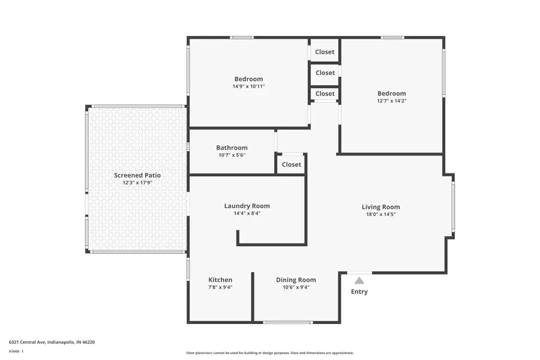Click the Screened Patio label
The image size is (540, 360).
coord(137,175)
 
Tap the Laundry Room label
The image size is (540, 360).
coord(247,206)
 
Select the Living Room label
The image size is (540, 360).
coord(380,207)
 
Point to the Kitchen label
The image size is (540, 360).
coord(220,280)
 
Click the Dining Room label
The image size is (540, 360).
coord(296,280)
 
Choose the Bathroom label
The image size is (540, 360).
coord(232,148)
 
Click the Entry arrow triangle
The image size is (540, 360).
coord(359,280)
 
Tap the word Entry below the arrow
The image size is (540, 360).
coord(359,292)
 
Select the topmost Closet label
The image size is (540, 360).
coord(325,52)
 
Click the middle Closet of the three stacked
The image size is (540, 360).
coord(325,73)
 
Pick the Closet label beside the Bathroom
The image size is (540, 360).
coord(291,164)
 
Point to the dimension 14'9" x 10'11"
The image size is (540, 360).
coord(248,86)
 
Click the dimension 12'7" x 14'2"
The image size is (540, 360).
coord(391,101)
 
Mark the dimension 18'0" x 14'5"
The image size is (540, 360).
coord(380,214)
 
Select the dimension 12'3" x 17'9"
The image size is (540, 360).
coord(137,182)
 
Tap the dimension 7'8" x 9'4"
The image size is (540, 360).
coord(220,287)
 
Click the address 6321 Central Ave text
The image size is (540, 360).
coord(52,341)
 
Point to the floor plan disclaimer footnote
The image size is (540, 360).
coord(269,353)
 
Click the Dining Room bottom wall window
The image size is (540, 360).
coord(287,322)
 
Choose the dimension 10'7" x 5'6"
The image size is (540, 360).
coord(232,155)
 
